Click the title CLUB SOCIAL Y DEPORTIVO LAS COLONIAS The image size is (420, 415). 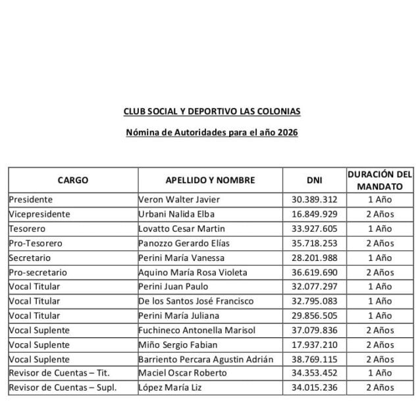211,111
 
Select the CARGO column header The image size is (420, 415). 72,180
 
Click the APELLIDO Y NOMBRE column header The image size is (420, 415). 210,180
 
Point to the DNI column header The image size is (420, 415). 314,180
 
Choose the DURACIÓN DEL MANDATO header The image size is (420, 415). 379,180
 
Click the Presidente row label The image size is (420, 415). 31,200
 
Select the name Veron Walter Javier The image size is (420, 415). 179,200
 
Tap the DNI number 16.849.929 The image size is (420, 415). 314,214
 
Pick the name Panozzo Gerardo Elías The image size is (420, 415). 184,243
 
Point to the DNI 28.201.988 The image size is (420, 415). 314,258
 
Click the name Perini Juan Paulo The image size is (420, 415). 174,287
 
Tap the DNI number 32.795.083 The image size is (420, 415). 314,301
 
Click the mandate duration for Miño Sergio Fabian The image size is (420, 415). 380,345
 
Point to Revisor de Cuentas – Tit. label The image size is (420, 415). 59,373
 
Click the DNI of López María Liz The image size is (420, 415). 314,387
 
